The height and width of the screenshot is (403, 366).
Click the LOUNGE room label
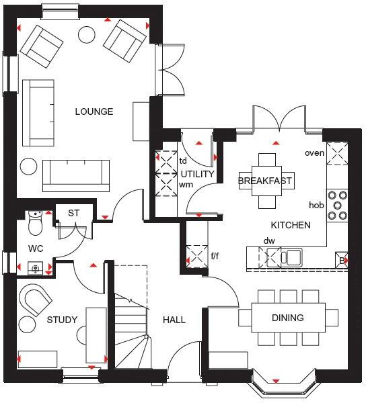pyautogui.click(x=94, y=111)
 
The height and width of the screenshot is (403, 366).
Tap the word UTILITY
pyautogui.click(x=197, y=174)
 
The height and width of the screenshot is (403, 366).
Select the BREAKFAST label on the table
pyautogui.click(x=266, y=181)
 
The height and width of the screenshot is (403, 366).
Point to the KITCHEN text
pyautogui.click(x=291, y=225)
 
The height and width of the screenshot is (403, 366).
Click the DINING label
pyautogui.click(x=287, y=318)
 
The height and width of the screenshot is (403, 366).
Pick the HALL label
pyautogui.click(x=174, y=320)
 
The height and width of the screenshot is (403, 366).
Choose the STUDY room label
pyautogui.click(x=62, y=320)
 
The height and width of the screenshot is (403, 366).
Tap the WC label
pyautogui.click(x=36, y=249)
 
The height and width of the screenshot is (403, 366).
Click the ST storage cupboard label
pyautogui.click(x=73, y=214)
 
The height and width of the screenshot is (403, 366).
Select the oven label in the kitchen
pyautogui.click(x=314, y=153)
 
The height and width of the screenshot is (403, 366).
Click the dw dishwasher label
pyautogui.click(x=269, y=240)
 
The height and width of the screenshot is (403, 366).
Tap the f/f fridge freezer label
pyautogui.click(x=215, y=256)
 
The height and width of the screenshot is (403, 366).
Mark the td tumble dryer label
pyautogui.click(x=183, y=161)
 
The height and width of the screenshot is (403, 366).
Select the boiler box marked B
pyautogui.click(x=342, y=260)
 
